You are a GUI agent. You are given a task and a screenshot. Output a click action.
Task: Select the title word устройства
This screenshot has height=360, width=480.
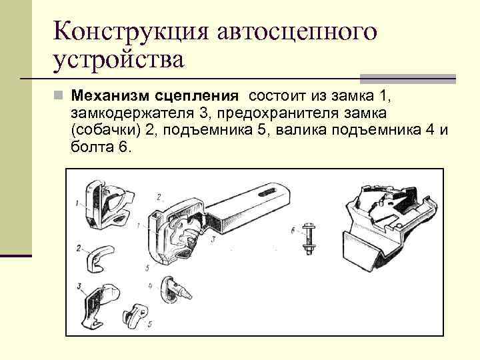click(x=119, y=60)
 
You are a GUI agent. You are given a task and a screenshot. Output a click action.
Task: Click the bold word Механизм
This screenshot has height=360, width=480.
click(x=110, y=96)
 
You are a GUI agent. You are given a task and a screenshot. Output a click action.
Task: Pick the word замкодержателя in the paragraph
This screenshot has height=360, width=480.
click(x=132, y=114)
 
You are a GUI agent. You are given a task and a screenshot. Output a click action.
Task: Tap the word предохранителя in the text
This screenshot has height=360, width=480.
click(x=277, y=114)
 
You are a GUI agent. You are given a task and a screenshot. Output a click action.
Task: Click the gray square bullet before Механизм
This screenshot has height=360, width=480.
click(x=58, y=95)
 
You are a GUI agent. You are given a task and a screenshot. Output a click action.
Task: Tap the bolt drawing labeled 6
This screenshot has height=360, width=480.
click(x=309, y=239)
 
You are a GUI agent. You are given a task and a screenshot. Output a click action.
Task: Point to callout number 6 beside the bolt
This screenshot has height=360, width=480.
click(x=293, y=230)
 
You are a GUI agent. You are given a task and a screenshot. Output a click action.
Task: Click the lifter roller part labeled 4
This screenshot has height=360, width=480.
click(x=175, y=289)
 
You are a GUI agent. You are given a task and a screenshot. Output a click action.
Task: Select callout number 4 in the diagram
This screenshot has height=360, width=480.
click(x=150, y=286)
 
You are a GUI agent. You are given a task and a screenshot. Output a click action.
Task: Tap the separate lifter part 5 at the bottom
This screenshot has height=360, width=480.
click(x=135, y=315)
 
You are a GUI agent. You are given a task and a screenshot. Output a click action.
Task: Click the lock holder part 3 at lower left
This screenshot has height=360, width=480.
click(x=99, y=305)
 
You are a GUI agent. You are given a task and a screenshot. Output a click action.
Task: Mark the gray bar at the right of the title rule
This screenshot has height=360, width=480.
click(x=408, y=79)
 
